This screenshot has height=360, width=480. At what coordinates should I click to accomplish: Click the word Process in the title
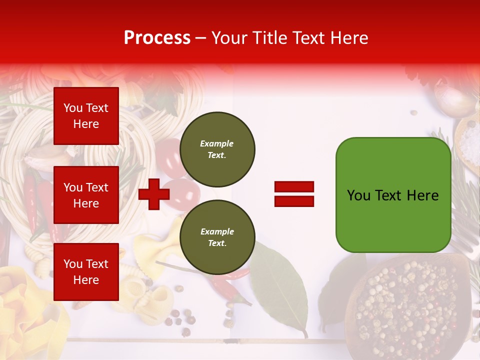tap(157, 38)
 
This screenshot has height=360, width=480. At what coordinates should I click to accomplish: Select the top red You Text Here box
tap(86, 116)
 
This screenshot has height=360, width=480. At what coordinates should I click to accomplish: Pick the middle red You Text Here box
tap(86, 195)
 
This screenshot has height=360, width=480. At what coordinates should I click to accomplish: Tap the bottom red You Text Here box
tap(86, 272)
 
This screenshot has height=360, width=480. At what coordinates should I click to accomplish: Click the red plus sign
tap(154, 194)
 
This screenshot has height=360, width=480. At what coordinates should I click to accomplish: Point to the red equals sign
tap(294, 194)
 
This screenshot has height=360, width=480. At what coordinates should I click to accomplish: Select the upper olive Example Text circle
tap(217, 149)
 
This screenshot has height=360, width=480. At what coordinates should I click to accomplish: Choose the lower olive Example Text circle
tap(217, 237)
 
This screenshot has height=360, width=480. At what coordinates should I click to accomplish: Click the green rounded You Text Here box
tap(393, 195)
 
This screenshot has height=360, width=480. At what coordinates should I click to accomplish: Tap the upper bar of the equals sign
tap(294, 187)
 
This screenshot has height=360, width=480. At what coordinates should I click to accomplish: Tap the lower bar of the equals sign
tap(294, 201)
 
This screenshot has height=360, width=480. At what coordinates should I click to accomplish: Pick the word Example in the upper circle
tap(217, 143)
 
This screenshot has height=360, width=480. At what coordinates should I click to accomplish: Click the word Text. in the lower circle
tap(217, 243)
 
